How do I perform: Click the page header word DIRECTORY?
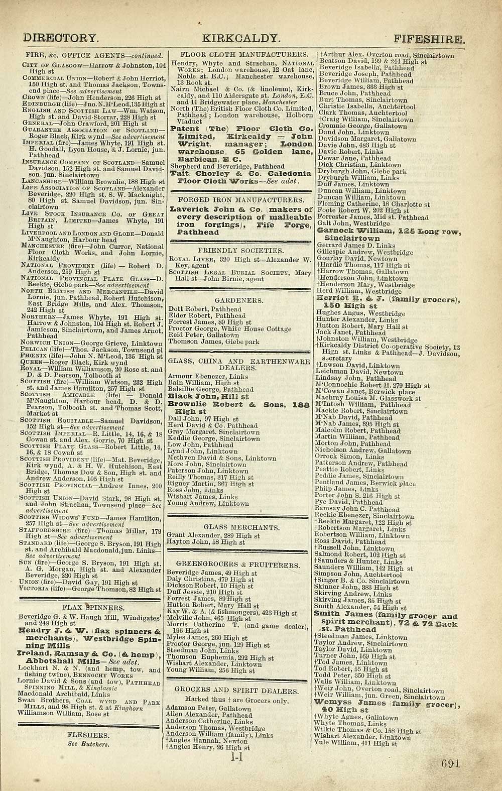click(x=61, y=38)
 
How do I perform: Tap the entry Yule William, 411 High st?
click(x=355, y=743)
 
